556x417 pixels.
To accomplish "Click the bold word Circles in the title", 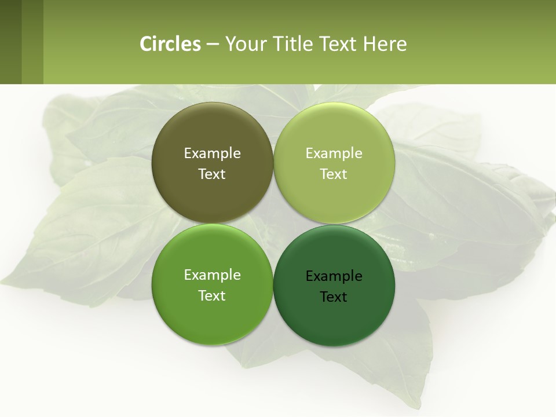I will [170, 44].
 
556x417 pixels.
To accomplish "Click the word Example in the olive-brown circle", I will [212, 153].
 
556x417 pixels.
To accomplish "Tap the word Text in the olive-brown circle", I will [212, 174].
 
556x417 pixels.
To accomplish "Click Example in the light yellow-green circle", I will [334, 153].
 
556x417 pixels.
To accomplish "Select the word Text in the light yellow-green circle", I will [334, 174].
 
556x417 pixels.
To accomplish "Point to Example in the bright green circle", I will [212, 275].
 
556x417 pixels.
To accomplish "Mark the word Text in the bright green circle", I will [212, 296].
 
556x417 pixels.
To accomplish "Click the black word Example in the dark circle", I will [334, 276].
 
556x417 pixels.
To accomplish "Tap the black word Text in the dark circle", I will [334, 297].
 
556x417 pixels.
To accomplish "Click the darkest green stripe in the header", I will [10, 42].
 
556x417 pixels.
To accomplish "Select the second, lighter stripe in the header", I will [32, 42].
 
